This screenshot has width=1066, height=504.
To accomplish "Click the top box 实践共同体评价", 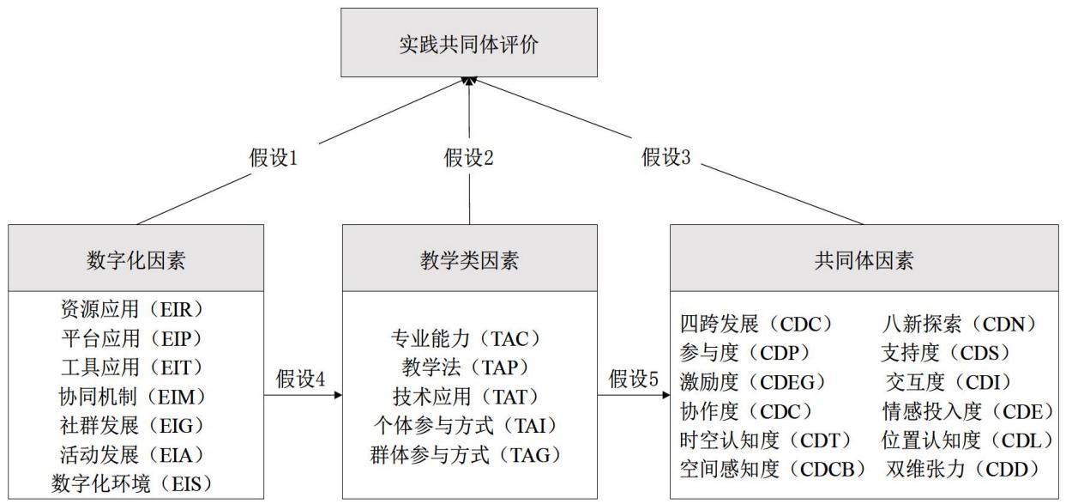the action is click(x=469, y=42).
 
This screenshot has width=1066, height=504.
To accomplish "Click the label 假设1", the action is click(x=274, y=157).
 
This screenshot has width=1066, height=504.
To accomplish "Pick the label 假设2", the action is click(x=469, y=157).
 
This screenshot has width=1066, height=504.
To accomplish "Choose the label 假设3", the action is click(x=665, y=157).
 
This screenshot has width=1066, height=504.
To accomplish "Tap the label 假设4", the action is click(x=301, y=379).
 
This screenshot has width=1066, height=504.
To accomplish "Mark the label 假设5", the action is click(x=634, y=379).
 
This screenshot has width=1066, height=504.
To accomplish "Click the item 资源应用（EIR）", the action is click(x=133, y=310).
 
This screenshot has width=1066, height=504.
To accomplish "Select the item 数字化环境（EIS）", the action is click(x=133, y=484).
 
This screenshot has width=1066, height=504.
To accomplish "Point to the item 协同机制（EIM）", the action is click(x=133, y=397).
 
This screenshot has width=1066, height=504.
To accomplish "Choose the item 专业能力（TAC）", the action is click(x=467, y=338).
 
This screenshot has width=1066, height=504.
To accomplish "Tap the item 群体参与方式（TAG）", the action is click(x=467, y=455).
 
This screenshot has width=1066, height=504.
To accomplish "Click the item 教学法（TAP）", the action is click(x=467, y=367).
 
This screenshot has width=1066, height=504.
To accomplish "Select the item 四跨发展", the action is click(x=719, y=325).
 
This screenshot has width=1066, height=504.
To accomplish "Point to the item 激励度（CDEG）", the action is click(x=755, y=382).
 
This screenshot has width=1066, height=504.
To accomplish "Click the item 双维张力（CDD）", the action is click(x=965, y=470).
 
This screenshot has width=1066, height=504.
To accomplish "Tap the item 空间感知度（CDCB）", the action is click(x=774, y=470).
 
